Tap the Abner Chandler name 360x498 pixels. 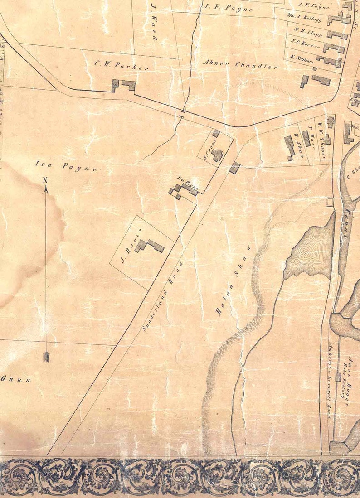[240, 64]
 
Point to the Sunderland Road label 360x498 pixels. [162, 297]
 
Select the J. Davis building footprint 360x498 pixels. [149, 246]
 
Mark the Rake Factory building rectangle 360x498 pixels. [338, 377]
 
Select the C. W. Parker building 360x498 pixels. [123, 85]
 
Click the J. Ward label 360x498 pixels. [153, 27]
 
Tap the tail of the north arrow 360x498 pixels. [45, 357]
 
